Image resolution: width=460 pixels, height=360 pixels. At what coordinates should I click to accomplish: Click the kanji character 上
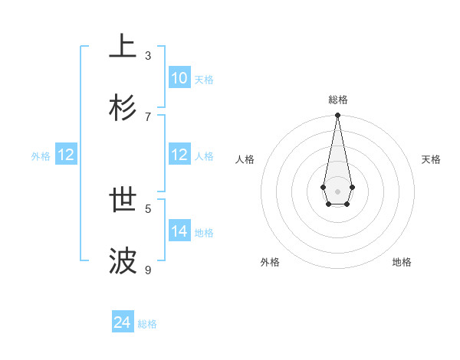(123, 46)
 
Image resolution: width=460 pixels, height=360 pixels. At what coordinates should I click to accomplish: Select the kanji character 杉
(123, 107)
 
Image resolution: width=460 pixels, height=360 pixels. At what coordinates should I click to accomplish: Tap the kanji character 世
(123, 200)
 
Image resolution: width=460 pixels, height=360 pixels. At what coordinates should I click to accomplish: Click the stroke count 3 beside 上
(148, 55)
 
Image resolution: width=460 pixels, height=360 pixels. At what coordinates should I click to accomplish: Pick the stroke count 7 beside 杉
(148, 116)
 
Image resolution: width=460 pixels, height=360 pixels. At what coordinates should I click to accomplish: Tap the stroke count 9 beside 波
(148, 270)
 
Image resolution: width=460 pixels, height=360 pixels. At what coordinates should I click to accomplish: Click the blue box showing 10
(179, 78)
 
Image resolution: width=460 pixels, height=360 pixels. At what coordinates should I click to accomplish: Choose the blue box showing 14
(179, 231)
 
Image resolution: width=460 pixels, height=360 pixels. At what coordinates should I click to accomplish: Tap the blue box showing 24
(123, 322)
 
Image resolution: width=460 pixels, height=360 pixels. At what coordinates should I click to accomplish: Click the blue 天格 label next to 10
(204, 79)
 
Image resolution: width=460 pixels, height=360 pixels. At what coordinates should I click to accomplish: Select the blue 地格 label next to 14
(204, 232)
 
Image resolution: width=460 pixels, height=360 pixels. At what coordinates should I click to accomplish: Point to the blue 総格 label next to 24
(147, 324)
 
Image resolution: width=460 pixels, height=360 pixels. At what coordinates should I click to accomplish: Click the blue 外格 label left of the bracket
(41, 156)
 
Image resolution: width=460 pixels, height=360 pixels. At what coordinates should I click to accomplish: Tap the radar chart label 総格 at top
(337, 100)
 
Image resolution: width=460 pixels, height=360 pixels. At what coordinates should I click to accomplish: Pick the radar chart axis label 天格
(431, 159)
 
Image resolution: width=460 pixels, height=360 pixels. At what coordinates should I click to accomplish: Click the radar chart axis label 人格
(245, 159)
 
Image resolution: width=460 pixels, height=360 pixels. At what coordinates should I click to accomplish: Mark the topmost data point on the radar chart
(337, 116)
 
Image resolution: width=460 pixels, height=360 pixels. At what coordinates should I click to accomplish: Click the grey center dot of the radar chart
(337, 191)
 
